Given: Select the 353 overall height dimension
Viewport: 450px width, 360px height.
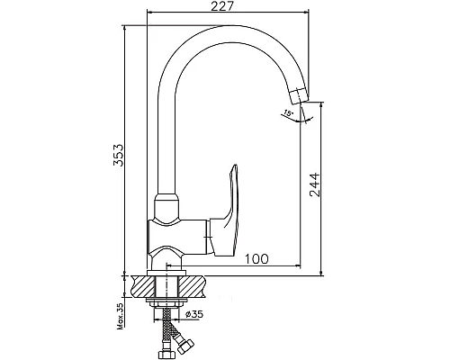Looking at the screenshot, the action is pos(118,155).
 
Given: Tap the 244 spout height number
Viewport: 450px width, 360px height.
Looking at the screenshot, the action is pos(314,184).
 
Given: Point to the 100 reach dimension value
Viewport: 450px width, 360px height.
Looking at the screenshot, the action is pos(256,258).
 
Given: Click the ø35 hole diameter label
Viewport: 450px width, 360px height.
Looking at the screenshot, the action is pos(194,314).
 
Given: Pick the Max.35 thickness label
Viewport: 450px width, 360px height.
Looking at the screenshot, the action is pos(121,317).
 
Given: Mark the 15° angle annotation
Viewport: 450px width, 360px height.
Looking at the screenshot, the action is pos(288,113).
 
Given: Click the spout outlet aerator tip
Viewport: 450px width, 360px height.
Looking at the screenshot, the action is pos(299,95).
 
